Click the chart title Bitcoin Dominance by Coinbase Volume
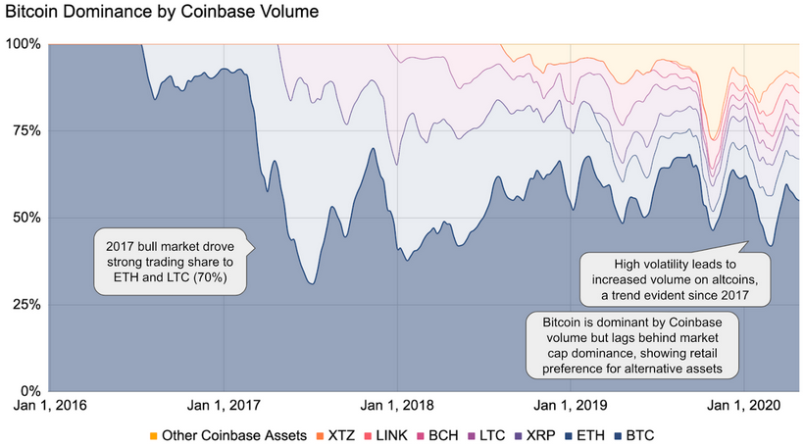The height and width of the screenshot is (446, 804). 162,14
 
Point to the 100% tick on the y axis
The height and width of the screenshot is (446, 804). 23,44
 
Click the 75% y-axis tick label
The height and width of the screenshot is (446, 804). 25,131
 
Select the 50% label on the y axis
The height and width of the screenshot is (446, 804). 25,218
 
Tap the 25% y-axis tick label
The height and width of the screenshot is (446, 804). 25,304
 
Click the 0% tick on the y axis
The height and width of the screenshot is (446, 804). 29,390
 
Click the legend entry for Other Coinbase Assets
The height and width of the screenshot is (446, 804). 227,434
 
